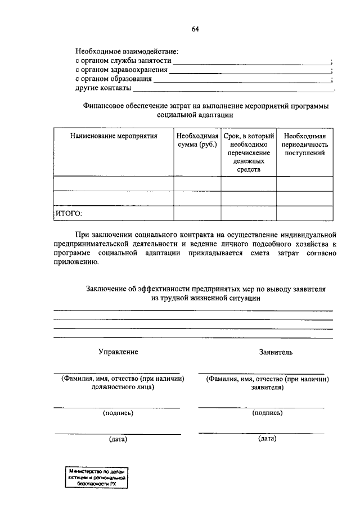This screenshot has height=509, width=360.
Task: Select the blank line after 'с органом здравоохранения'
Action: [x=250, y=71]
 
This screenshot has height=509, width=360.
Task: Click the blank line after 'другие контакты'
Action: [x=233, y=89]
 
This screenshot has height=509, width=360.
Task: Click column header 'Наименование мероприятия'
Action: [x=113, y=136]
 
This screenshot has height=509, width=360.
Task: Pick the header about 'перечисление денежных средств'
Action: [x=248, y=152]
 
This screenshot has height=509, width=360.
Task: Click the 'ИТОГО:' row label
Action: [x=69, y=213]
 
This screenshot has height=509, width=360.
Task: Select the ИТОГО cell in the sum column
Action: [x=196, y=213]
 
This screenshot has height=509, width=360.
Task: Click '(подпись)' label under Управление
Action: [x=118, y=413]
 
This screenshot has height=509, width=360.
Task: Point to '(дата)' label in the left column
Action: [x=118, y=439]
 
